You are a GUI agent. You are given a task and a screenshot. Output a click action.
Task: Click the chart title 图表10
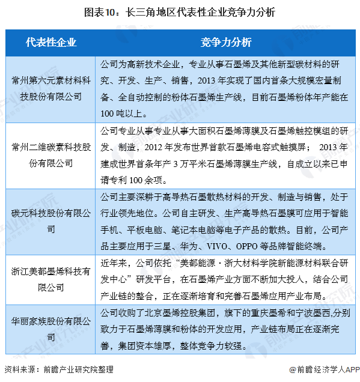click(x=180, y=11)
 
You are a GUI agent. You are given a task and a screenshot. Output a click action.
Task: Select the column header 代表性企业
click(x=51, y=43)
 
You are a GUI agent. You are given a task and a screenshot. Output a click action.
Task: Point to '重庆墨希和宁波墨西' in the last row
click(x=282, y=313)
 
